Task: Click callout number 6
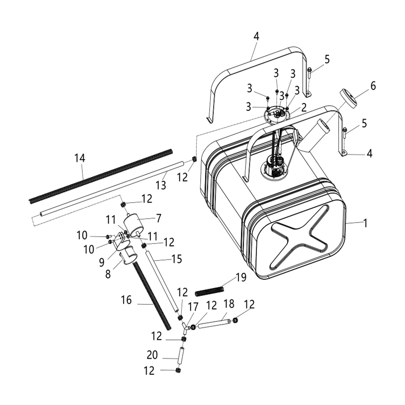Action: [373, 86]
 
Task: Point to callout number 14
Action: [80, 158]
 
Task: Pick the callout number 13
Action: [161, 185]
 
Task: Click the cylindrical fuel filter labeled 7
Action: [133, 224]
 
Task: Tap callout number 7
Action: [159, 218]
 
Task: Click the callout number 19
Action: [241, 277]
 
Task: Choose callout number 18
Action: [229, 304]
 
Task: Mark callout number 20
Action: [152, 355]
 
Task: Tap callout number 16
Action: [126, 300]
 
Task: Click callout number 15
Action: [176, 259]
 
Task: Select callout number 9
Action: [102, 262]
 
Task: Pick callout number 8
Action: [108, 274]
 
